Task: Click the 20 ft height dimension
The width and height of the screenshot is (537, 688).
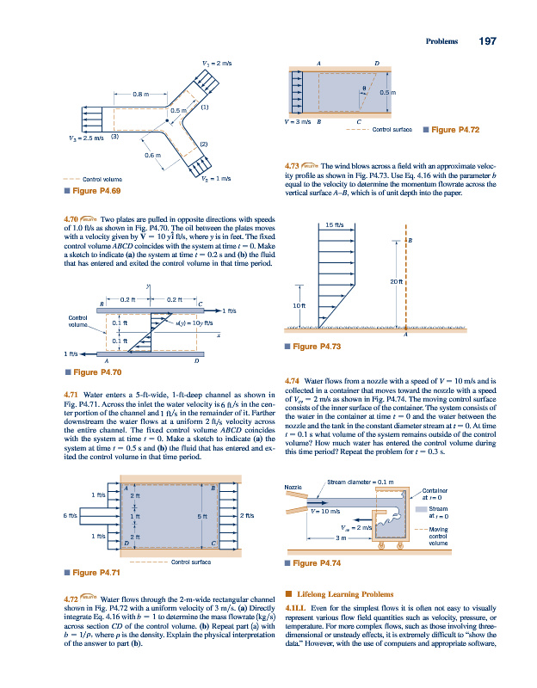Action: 396,282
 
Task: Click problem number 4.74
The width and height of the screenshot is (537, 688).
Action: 293,379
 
